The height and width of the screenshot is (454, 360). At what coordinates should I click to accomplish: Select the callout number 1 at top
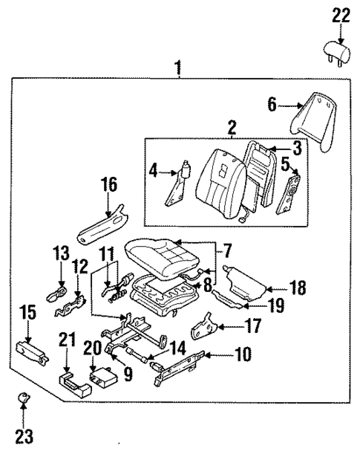click(178, 68)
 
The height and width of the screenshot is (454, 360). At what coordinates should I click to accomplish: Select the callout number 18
click(296, 286)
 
